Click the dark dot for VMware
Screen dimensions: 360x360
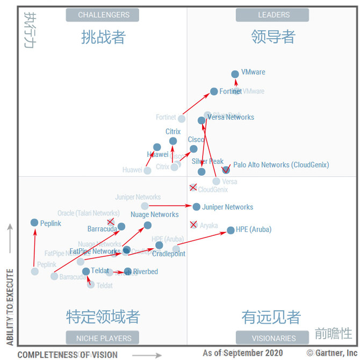coord(235,74)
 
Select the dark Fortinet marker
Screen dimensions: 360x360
coord(214,91)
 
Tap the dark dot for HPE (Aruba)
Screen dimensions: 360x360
coord(231,230)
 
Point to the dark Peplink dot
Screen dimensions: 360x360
coord(34,222)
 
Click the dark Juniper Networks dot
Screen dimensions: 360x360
coord(197,206)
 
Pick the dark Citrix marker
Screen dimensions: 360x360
coord(173,141)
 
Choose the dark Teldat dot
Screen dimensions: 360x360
coord(86,271)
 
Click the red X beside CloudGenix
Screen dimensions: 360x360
coord(193,187)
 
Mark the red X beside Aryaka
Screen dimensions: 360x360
coord(193,225)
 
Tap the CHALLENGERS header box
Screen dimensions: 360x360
coord(103,15)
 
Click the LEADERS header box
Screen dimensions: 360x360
coord(273,15)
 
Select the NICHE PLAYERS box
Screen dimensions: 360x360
coord(103,338)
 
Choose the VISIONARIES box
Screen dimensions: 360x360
coord(273,338)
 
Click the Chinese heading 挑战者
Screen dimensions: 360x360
coord(103,37)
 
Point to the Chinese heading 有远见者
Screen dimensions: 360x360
coord(271,317)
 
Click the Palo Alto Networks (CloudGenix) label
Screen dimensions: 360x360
coord(281,165)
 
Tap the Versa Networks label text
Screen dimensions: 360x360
coord(231,117)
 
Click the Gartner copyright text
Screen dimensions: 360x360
coord(332,353)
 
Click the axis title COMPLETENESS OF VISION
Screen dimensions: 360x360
coord(67,354)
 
